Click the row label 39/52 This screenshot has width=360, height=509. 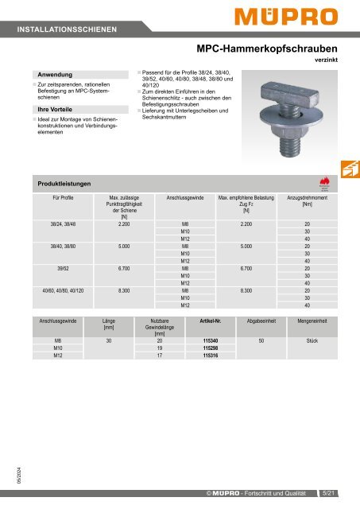57,268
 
